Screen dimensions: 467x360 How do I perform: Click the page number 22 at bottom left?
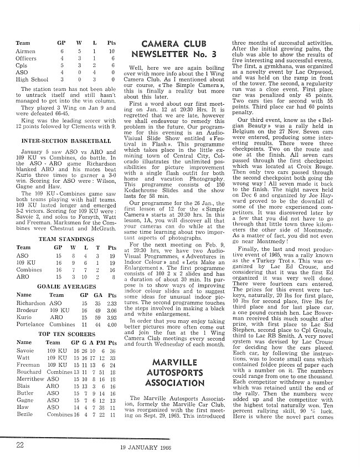click(x=20, y=444)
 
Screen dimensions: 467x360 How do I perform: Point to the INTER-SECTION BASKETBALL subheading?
click(x=63, y=141)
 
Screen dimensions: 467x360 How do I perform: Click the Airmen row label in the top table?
click(x=26, y=52)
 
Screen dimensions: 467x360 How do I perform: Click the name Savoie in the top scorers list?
click(x=25, y=351)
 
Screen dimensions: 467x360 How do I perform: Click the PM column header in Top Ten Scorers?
click(x=100, y=343)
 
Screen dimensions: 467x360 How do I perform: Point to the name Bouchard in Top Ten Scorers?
click(x=28, y=372)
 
